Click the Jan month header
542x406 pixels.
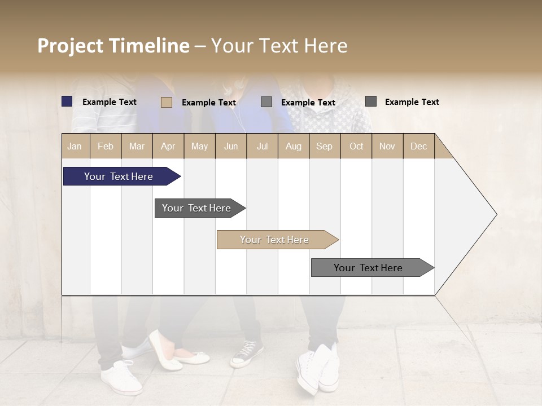[x=75, y=146]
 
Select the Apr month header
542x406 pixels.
[x=168, y=146]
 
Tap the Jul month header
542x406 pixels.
[x=263, y=146]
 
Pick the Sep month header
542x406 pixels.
[x=325, y=146]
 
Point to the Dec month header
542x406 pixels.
[x=419, y=146]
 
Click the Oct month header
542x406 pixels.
[x=356, y=146]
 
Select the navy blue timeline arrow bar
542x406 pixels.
[x=119, y=176]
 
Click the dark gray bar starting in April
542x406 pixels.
[x=196, y=208]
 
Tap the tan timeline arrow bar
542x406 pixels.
[x=274, y=240]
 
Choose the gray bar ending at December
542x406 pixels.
[x=368, y=268]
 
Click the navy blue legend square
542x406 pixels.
[x=67, y=101]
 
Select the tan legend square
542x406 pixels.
[x=166, y=102]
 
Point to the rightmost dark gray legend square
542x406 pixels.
[x=371, y=101]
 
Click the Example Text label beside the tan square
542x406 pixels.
[x=209, y=103]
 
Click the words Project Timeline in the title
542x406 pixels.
[x=113, y=46]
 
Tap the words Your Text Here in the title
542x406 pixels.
[x=279, y=46]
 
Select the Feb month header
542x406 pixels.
[x=106, y=146]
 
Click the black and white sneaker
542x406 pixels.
[x=247, y=354]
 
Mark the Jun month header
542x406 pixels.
[x=231, y=146]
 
